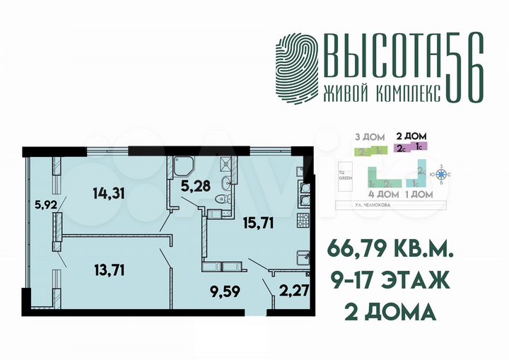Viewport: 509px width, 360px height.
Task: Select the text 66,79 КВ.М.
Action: click(389, 250)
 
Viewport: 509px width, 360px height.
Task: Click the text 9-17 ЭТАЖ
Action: click(389, 281)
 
